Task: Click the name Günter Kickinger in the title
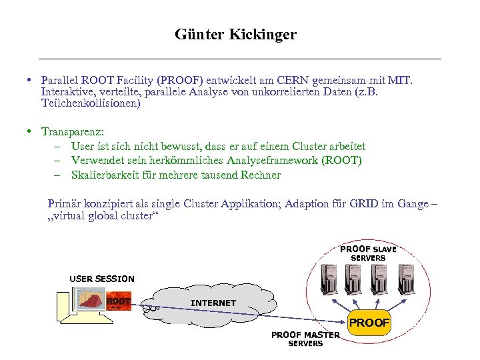coord(235,34)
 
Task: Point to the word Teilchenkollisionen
coord(91,103)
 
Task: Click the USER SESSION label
coord(102,279)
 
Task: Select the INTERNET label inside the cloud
coord(213,303)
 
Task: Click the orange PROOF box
coord(369,322)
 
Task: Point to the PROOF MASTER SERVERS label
coord(305,339)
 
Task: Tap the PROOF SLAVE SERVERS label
coord(368,253)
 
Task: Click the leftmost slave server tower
coord(329,279)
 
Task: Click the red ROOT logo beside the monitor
coord(119,301)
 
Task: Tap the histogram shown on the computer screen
coord(92,300)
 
